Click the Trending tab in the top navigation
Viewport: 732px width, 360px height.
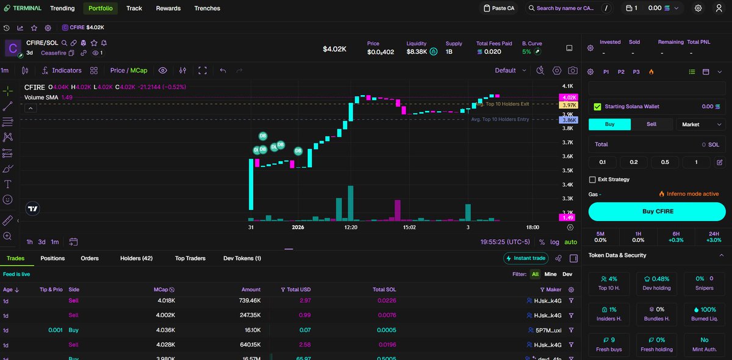(x=62, y=9)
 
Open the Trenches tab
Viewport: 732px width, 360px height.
(x=207, y=9)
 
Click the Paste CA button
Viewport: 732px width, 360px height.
(x=499, y=9)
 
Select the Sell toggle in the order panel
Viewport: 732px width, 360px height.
(x=651, y=124)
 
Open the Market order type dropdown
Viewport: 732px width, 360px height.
(x=701, y=124)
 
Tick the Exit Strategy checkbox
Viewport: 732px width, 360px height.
(x=592, y=179)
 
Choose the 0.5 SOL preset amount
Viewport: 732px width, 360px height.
(x=665, y=162)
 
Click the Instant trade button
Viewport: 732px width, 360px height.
(x=525, y=258)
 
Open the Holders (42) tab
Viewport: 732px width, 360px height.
(x=136, y=258)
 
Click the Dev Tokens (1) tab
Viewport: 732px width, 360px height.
(x=242, y=258)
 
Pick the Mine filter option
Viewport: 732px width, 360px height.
(x=550, y=275)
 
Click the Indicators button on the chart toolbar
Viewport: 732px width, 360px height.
(x=62, y=70)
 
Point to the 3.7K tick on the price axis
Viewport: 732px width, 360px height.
(x=567, y=142)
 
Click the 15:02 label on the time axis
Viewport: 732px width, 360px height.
(x=409, y=227)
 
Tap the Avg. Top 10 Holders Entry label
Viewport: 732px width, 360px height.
(x=500, y=120)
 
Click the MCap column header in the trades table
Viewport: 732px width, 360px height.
(x=164, y=290)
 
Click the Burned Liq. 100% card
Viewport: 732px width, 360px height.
(x=704, y=314)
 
